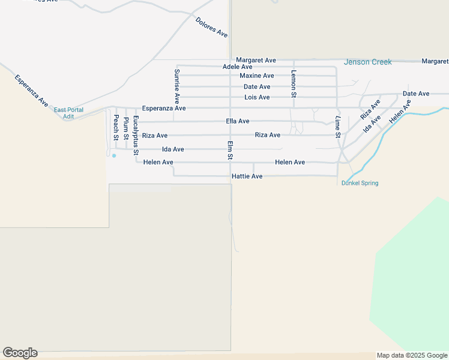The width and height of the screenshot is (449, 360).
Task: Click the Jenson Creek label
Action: coord(367,62)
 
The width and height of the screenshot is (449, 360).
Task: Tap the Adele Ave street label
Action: coord(237,67)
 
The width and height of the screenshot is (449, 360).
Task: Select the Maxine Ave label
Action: coord(256,76)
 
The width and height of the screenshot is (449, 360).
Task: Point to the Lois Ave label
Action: coord(257,97)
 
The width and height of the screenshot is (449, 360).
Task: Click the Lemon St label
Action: coord(294,83)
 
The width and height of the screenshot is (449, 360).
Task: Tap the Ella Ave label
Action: coord(238,121)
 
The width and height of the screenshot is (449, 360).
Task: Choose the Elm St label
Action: coord(230,150)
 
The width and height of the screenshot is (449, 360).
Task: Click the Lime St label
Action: coord(337,127)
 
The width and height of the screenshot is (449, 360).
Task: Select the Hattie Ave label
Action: coord(247,176)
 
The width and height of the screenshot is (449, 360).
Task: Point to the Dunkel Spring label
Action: coord(360,183)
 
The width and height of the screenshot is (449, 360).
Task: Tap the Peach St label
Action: coord(116,127)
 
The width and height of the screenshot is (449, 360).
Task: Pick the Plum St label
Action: coord(126,128)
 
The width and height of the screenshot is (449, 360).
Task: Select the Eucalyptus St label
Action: coord(136,131)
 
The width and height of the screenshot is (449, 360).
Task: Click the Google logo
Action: coord(20,353)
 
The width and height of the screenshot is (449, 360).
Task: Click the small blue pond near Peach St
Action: coord(114,155)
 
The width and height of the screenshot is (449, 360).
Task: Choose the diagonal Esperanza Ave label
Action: coord(31,91)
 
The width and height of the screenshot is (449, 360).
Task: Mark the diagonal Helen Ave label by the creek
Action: coord(400,112)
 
